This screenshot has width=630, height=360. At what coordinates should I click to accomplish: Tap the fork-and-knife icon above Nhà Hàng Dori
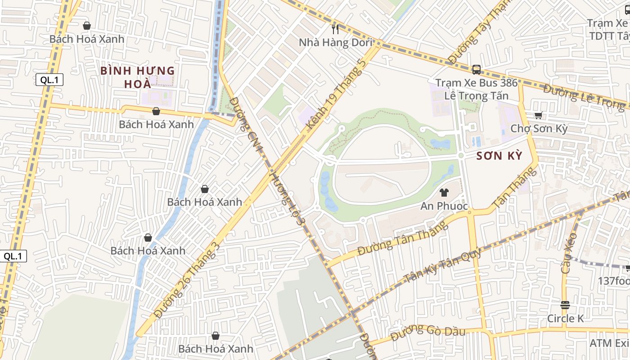click(x=335, y=29)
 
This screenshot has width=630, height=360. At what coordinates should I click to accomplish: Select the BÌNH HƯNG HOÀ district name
click(x=137, y=77)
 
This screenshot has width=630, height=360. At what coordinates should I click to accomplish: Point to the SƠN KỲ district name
click(x=499, y=156)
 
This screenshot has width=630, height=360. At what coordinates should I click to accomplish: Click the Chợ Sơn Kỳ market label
click(x=539, y=129)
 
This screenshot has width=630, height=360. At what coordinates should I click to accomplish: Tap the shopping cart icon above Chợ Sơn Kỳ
click(x=539, y=115)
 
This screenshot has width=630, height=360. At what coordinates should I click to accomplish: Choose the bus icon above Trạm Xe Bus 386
click(x=476, y=70)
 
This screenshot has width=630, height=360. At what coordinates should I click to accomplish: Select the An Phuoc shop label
click(x=444, y=206)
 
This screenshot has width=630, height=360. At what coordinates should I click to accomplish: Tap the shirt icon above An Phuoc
click(x=444, y=193)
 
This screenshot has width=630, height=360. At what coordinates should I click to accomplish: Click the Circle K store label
click(x=565, y=319)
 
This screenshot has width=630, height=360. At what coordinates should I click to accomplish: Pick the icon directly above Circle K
click(x=565, y=305)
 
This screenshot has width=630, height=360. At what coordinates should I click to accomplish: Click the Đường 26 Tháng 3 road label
click(x=188, y=280)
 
